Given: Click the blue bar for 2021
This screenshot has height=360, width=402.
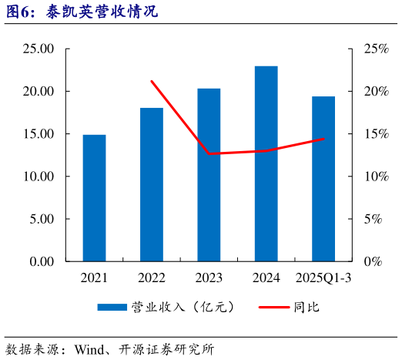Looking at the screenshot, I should [95, 198].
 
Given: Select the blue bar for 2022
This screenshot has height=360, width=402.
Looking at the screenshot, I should [152, 184].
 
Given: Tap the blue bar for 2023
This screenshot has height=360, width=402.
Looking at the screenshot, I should [209, 175].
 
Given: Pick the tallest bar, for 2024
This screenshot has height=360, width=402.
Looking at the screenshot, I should [266, 163].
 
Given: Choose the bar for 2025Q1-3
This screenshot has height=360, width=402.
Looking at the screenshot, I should [323, 179].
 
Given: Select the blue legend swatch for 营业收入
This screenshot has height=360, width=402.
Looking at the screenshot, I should [112, 308].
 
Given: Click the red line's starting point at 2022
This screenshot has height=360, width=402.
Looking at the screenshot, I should [152, 81].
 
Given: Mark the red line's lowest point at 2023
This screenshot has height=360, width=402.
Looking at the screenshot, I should [209, 154].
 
